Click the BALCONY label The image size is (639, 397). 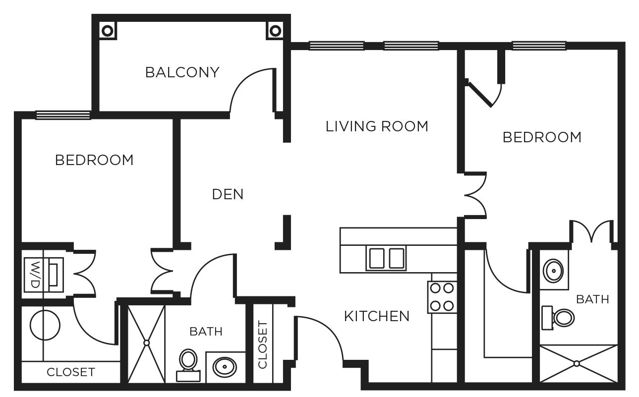[182, 72]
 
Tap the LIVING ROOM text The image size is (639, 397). [377, 126]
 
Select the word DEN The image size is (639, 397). [228, 194]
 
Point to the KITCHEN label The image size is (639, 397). [377, 316]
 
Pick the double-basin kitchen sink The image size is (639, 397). [386, 258]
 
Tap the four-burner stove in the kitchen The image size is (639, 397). [442, 297]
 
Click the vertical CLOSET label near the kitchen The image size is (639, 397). [263, 344]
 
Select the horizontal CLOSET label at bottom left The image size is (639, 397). [70, 372]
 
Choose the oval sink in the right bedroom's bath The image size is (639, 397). [553, 271]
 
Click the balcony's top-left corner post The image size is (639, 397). [107, 31]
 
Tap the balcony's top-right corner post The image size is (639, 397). [275, 31]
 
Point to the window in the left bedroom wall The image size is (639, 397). [63, 115]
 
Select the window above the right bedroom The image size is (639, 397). [539, 46]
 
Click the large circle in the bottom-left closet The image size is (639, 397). [45, 325]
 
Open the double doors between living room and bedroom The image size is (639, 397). [475, 195]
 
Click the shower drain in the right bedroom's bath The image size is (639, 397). [577, 364]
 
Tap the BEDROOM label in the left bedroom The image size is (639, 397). [94, 160]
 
